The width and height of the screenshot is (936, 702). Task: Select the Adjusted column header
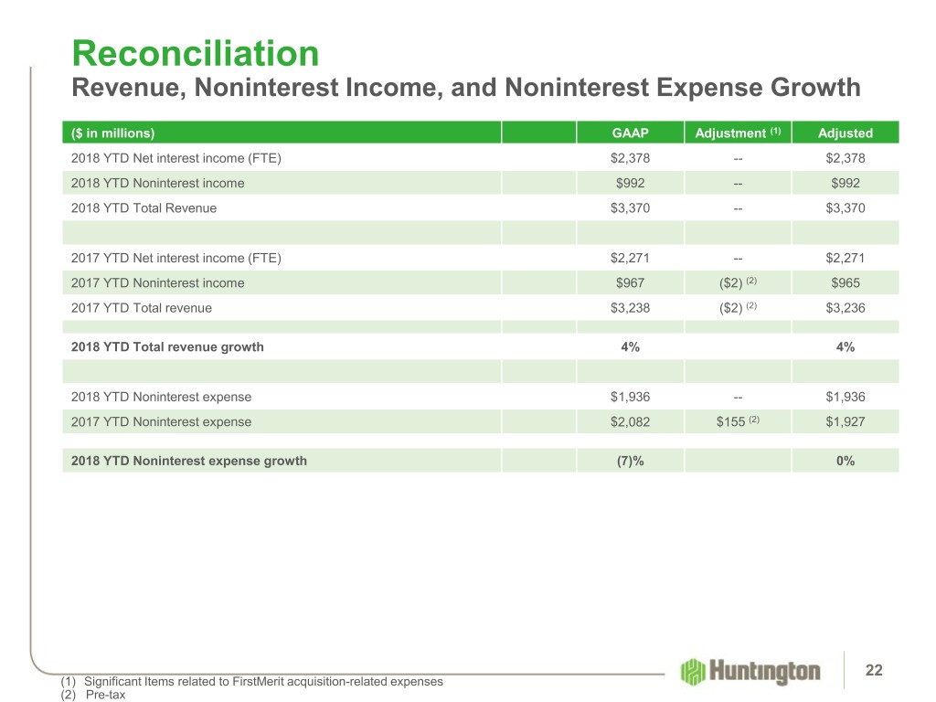[x=846, y=133]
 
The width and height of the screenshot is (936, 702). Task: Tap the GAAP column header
[x=630, y=133]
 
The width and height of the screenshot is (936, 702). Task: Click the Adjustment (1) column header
[x=737, y=133]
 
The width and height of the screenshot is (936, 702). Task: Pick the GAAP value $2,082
[x=630, y=422]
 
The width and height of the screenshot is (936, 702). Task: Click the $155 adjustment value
[x=731, y=422]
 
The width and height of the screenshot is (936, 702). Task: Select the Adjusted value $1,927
[x=846, y=422]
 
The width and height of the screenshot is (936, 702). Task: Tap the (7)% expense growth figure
[x=630, y=461]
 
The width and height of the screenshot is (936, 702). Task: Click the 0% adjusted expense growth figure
[x=846, y=461]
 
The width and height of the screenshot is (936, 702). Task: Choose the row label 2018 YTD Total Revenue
[x=144, y=207]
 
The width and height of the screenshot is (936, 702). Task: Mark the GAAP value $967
[x=630, y=283]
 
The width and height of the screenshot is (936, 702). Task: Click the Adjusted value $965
[x=846, y=283]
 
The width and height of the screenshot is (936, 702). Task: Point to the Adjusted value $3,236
[x=846, y=308]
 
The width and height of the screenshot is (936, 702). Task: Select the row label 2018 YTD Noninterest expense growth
[x=188, y=461]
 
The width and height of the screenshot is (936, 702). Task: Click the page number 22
[x=874, y=672]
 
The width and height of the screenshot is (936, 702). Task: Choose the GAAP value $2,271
[x=630, y=258]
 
